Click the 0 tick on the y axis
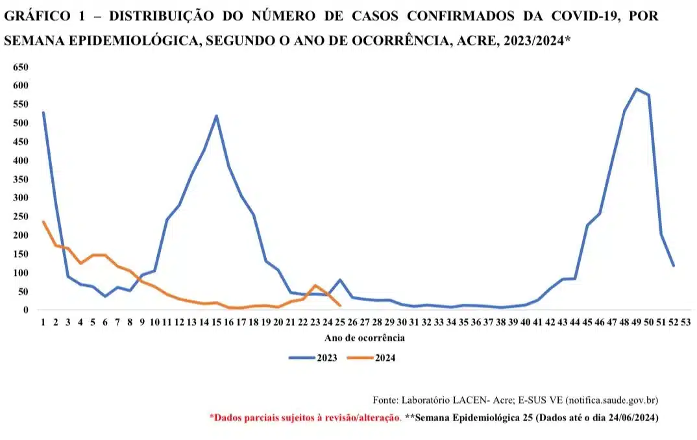(x=26, y=310)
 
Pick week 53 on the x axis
(x=686, y=323)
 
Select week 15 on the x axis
(x=216, y=323)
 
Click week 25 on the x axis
(x=340, y=323)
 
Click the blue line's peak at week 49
(x=637, y=89)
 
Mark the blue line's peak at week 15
(x=216, y=116)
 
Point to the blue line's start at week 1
(x=43, y=112)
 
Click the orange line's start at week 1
(x=43, y=222)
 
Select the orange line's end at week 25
(x=340, y=306)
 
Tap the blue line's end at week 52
(x=674, y=265)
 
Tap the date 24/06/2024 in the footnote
(x=622, y=419)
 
